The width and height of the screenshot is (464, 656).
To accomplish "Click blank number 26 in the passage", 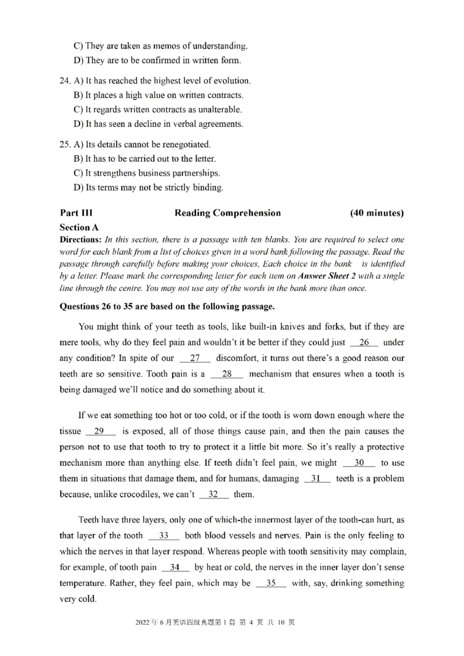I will coord(364,342).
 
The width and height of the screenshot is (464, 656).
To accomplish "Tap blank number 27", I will coord(195,358).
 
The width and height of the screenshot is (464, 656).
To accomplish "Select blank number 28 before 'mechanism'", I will coord(227,374).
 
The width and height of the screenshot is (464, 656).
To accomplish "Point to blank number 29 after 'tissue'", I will coord(100,431).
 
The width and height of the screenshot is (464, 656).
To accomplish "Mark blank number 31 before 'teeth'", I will coord(317,479).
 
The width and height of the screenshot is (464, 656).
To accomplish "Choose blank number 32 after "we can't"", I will coord(213,494).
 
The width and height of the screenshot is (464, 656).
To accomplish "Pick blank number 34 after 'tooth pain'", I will coord(175,567).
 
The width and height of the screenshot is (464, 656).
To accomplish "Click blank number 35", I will coord(270,583).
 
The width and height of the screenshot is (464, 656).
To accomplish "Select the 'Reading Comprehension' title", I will coord(227,213).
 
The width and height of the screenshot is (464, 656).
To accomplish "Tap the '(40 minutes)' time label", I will coord(377,213).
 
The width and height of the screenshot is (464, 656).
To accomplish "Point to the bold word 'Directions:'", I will coord(81,239).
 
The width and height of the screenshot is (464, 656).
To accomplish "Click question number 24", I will coord(67,81).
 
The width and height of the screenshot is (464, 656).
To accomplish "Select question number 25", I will coord(67,144).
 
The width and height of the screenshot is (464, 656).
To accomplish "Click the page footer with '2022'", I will coord(215,622).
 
